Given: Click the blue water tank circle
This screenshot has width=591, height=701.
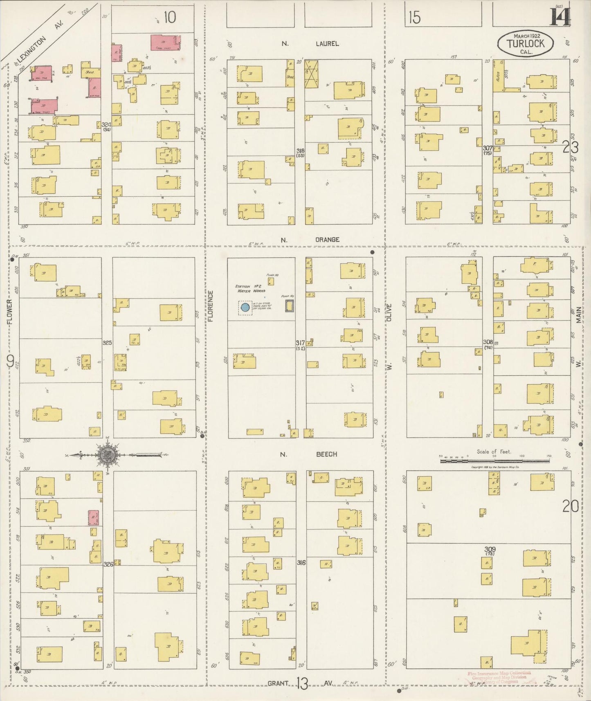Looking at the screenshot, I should coord(245,307).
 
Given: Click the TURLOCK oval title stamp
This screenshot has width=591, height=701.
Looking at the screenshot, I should coord(526,43).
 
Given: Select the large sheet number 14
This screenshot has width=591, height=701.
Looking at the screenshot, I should coord(560,17).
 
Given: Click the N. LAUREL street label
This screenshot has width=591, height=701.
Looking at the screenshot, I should coord(311,43).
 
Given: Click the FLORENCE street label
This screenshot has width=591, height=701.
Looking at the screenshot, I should coord(211,306).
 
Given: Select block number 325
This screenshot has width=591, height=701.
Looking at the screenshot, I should coord(107,342).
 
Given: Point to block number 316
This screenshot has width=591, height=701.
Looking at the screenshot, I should coord(301,563).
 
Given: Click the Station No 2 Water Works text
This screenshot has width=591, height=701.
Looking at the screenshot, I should coord(249,289).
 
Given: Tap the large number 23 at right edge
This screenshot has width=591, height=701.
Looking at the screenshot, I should coord(570,147).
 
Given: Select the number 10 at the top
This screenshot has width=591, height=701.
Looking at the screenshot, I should coord(169,17).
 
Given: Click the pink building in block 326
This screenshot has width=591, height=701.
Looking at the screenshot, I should coord(94,517).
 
